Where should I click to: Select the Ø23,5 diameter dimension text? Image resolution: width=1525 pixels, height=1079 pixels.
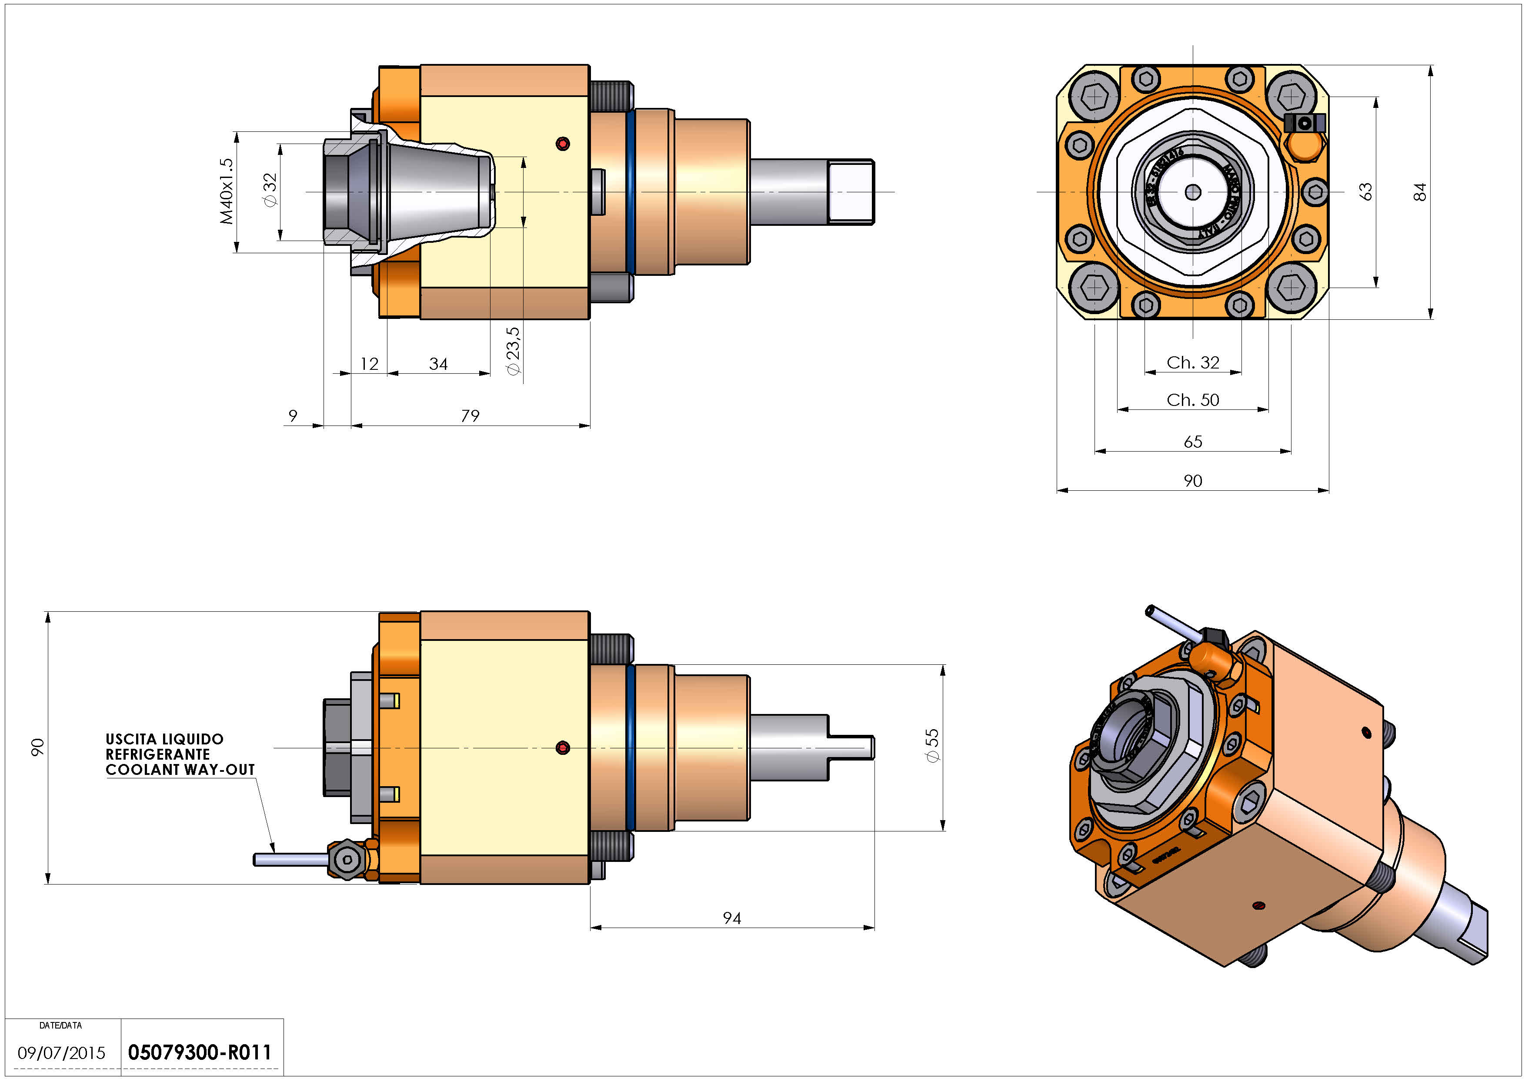click(x=514, y=352)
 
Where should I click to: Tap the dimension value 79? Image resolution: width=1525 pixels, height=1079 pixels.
click(x=470, y=416)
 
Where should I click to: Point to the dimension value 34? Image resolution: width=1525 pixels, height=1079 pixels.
click(x=438, y=364)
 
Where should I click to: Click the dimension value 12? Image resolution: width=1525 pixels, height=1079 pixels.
click(x=369, y=364)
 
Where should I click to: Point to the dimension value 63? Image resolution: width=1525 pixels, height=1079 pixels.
click(x=1365, y=191)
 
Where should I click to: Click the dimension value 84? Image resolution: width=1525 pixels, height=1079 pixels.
click(x=1419, y=191)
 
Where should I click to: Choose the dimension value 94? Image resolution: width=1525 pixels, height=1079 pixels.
click(x=732, y=918)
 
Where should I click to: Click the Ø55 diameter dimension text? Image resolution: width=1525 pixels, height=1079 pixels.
click(x=933, y=745)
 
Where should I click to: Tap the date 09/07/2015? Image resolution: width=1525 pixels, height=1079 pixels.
click(x=61, y=1053)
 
